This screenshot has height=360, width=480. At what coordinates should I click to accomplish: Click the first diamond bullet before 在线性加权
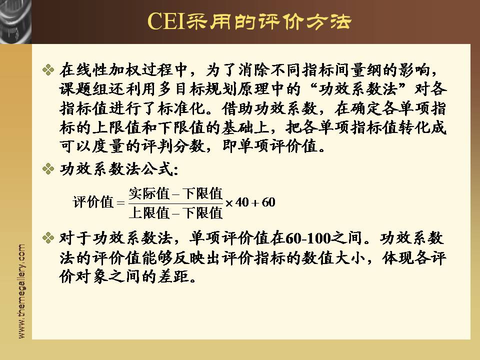tap(48, 70)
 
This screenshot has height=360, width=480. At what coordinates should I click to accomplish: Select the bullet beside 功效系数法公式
tap(48, 168)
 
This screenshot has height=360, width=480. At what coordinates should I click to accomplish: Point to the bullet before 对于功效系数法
tap(48, 238)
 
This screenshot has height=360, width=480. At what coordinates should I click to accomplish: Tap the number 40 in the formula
tap(242, 202)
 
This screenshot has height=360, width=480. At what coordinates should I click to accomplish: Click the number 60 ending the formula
tap(268, 202)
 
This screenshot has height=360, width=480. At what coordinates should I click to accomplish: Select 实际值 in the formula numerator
tap(149, 193)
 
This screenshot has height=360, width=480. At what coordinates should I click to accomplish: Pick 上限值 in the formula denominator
tap(149, 212)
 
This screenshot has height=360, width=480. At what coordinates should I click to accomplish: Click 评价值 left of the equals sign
tap(93, 202)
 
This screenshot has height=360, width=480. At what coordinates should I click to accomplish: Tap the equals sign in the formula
tap(121, 202)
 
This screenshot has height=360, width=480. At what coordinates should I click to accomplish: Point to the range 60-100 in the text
tap(308, 238)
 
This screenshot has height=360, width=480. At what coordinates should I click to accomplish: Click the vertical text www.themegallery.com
tap(21, 291)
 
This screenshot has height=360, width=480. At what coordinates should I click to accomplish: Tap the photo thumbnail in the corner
tap(15, 21)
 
